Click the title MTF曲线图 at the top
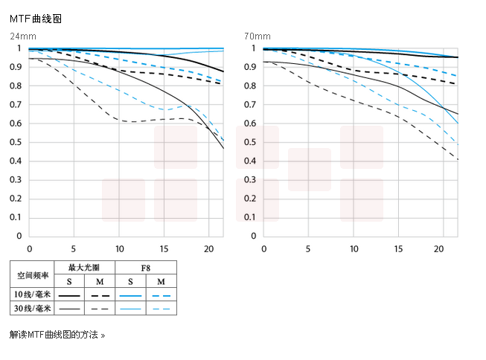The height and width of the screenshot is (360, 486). coord(35,19)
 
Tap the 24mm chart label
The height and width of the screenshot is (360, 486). coord(22,36)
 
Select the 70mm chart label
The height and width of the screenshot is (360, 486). coord(256,36)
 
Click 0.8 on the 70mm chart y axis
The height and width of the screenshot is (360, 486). coord(249,86)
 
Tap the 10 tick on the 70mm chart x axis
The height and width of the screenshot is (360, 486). coord(354,249)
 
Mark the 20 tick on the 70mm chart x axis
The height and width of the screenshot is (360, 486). coord(440,249)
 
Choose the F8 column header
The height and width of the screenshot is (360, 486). coord(145,266)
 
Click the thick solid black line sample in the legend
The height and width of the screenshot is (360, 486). coord(69,295)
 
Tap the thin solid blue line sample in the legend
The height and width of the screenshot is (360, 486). coord(130,308)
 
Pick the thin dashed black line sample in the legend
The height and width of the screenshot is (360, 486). coord(100,308)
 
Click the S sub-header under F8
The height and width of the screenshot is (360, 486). coord(130,281)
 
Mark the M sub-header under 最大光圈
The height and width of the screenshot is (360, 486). coord(100,281)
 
